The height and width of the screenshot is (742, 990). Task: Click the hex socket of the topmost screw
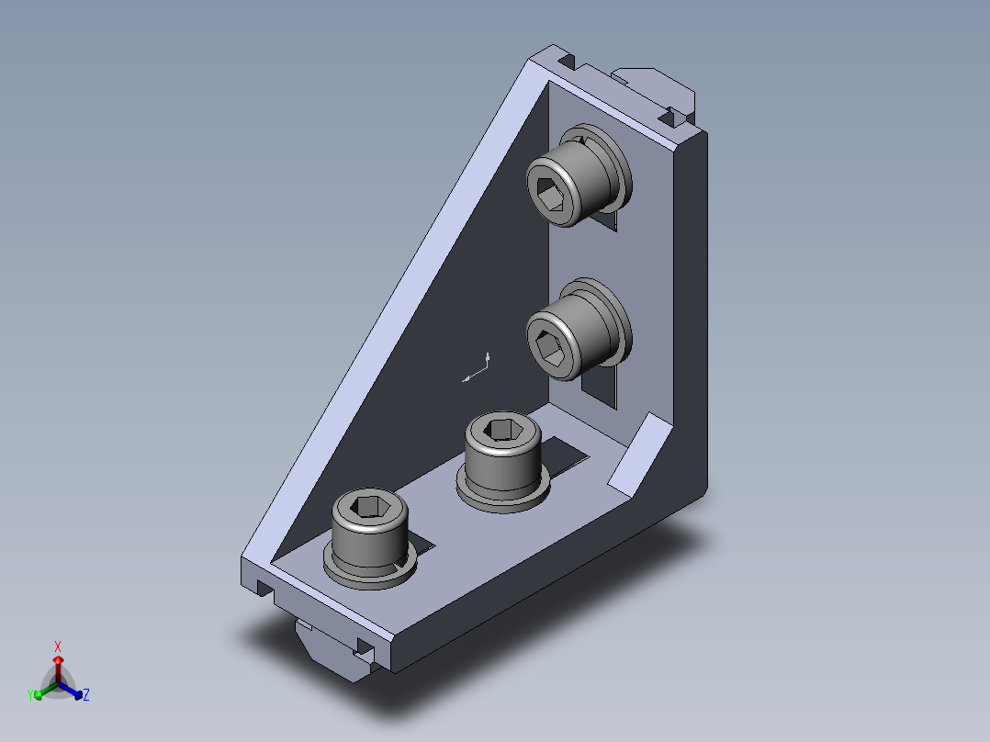pos(549,194)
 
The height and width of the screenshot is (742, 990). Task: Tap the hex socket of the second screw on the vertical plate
pos(549,348)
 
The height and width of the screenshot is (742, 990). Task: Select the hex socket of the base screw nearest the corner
pos(503,430)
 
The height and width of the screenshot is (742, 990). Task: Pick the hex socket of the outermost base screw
pos(370,506)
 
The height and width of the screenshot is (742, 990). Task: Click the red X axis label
pos(58,646)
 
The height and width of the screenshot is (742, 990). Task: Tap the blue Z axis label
pos(86,694)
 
